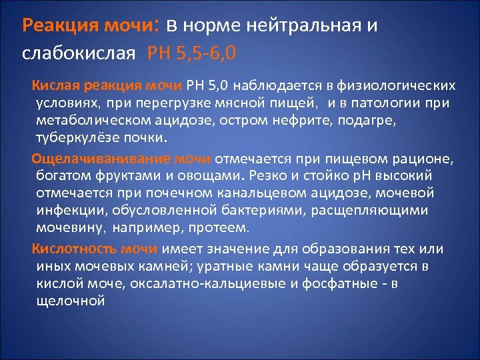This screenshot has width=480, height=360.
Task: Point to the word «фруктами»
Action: click(x=117, y=175)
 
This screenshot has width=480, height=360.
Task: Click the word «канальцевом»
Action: click(x=261, y=193)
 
